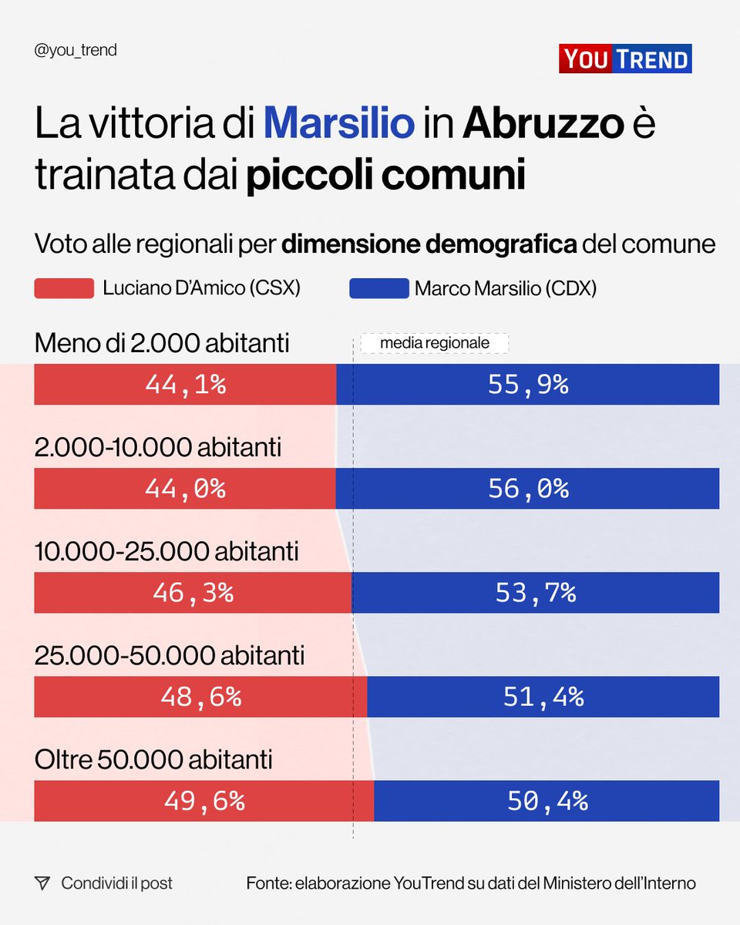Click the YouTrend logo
point(625,59)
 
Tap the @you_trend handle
point(76,51)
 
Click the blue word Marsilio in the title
point(338,123)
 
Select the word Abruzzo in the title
point(542,123)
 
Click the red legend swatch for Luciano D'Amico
point(64,288)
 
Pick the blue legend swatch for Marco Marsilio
point(378,288)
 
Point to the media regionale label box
point(435,343)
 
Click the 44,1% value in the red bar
point(185,385)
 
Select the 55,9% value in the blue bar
point(528,385)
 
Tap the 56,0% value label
point(528,489)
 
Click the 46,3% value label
point(193,593)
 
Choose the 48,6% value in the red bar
point(200,697)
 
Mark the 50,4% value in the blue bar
point(547,801)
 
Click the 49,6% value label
point(204,801)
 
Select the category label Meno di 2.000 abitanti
point(162,343)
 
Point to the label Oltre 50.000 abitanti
point(153,760)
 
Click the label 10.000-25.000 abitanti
point(166,552)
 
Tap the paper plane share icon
point(42,883)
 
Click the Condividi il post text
point(117,883)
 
